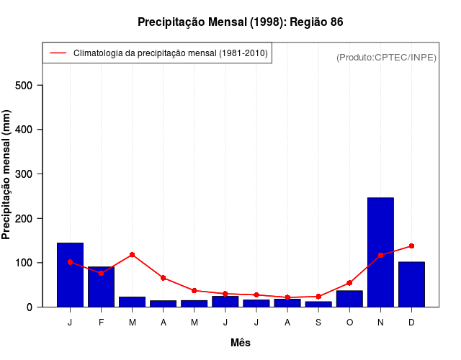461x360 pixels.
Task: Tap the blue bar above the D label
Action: [411, 284]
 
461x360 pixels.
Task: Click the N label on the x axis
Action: [380, 323]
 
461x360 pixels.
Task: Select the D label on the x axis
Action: [411, 323]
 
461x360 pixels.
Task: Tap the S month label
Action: [318, 323]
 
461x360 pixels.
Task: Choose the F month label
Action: [101, 323]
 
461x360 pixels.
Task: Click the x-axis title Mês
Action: [240, 343]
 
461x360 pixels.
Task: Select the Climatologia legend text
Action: [171, 53]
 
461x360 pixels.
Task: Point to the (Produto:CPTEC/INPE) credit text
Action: [386, 58]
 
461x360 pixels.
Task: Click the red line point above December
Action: [411, 246]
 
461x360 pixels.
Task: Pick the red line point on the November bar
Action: [380, 256]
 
